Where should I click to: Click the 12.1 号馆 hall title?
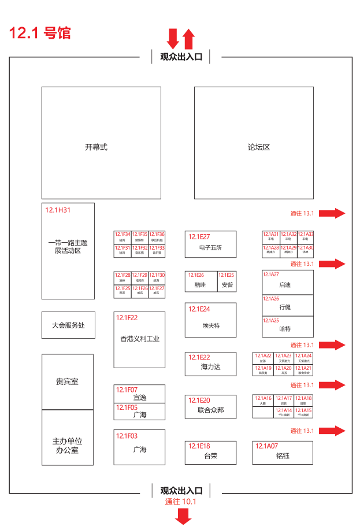(x=40, y=33)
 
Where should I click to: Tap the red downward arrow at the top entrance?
(x=172, y=38)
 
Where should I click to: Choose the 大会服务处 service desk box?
(x=68, y=325)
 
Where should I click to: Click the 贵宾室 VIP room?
(x=68, y=381)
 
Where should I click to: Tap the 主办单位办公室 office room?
(x=68, y=445)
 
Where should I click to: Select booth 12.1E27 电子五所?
(x=210, y=244)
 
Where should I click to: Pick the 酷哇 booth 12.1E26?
(x=201, y=281)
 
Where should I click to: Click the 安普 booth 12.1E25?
(x=227, y=281)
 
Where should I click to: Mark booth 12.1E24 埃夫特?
(x=210, y=320)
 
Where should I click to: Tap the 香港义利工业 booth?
(x=139, y=339)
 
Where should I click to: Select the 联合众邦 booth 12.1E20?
(x=210, y=407)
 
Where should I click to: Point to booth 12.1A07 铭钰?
(x=283, y=453)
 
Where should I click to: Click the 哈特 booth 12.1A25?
(x=288, y=328)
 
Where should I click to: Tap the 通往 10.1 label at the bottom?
(x=181, y=501)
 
